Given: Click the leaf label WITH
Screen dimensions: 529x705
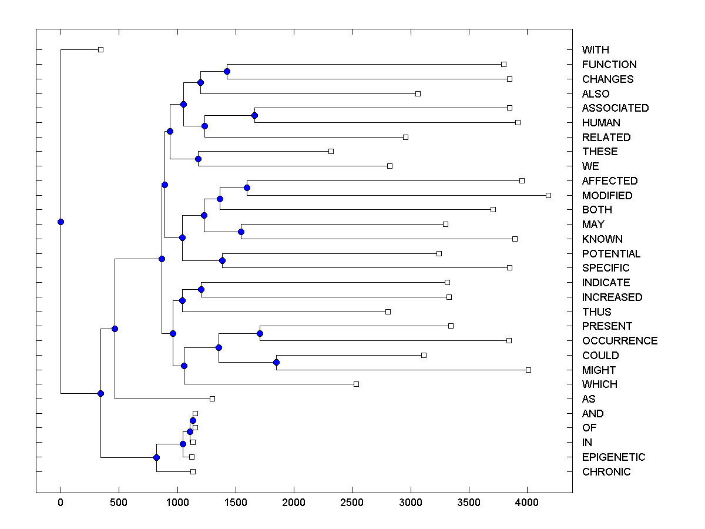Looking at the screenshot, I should click(595, 50).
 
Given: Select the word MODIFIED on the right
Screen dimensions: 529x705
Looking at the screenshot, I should click(607, 195).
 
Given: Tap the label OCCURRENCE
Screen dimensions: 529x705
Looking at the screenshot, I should click(619, 341).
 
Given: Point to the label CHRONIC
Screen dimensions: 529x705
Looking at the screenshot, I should click(606, 472).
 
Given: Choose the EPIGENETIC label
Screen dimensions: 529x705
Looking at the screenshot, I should click(613, 457).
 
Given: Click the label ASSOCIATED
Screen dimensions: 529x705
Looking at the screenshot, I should click(615, 108).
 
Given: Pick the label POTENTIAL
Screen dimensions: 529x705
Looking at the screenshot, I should click(611, 254).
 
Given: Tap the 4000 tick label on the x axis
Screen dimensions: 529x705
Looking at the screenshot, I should click(527, 503).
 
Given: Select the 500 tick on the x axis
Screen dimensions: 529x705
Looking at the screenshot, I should click(119, 503).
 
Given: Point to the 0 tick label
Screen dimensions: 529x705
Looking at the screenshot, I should click(61, 503).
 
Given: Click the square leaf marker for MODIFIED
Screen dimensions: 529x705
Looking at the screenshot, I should click(548, 195).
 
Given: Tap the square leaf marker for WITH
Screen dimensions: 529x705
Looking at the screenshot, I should click(100, 50).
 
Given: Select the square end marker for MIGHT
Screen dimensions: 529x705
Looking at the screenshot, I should click(528, 370).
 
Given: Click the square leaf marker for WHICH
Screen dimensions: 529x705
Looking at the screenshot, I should click(356, 384).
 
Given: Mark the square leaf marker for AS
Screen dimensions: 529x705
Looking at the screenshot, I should click(213, 399).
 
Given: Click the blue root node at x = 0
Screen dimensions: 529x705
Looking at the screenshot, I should click(61, 222).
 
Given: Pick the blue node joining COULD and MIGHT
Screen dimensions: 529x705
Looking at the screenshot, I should click(276, 362).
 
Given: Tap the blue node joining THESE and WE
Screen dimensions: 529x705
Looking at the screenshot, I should click(198, 159).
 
